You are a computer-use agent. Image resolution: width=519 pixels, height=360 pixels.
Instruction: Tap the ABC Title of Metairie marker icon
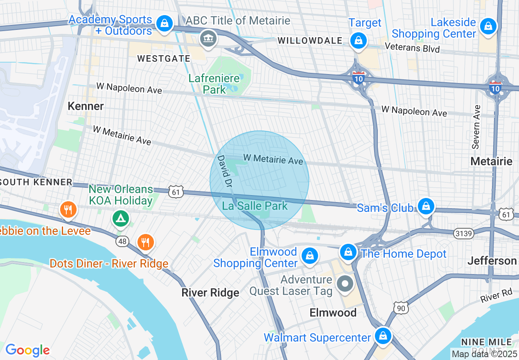208,39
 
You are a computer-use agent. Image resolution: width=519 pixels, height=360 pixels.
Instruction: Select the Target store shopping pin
358,40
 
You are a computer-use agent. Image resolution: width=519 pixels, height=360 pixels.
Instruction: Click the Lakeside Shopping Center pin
488,27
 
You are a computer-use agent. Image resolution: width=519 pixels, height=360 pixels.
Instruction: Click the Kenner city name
86,106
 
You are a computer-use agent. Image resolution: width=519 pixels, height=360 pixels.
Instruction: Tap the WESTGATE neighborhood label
164,59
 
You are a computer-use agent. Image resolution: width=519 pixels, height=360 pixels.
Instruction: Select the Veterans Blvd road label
413,48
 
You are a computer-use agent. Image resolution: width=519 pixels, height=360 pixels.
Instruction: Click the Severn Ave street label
476,127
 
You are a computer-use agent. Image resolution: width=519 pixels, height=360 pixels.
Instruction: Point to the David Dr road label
224,171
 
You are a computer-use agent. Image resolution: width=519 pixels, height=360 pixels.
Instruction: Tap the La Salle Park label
255,206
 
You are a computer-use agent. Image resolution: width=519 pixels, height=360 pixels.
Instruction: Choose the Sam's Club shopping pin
426,205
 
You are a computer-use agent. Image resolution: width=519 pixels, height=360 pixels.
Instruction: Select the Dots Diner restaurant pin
145,242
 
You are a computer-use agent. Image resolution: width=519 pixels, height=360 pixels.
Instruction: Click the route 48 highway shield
122,241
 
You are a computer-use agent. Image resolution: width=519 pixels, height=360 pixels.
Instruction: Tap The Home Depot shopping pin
348,251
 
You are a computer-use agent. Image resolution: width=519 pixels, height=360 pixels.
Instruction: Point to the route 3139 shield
463,234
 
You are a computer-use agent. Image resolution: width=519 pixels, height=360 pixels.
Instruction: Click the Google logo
27,350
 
